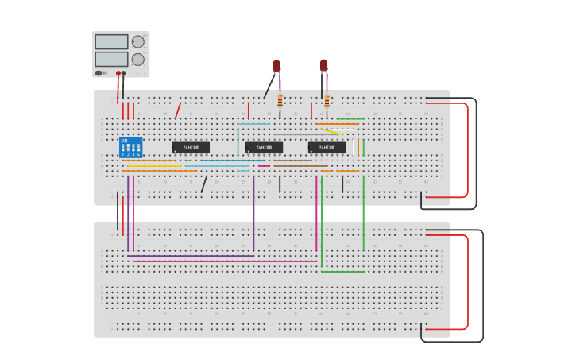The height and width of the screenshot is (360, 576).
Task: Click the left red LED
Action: (276, 65)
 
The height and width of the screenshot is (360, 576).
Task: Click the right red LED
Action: (323, 64)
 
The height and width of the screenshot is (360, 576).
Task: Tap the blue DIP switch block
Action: (130, 148)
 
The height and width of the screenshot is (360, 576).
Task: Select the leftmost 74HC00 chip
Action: (191, 147)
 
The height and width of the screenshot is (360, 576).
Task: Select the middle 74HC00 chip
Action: (264, 147)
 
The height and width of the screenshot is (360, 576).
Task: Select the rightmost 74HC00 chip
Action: (327, 147)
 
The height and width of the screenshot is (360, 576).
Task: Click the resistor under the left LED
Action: (280, 101)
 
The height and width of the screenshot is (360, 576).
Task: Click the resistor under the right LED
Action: (327, 101)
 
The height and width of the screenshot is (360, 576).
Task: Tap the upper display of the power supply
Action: (111, 41)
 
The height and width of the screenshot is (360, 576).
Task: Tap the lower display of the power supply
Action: (111, 59)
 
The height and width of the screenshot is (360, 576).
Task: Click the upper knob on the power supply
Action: (138, 41)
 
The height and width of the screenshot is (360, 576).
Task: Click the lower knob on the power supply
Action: (138, 59)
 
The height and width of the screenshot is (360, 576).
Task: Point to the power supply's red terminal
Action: (118, 73)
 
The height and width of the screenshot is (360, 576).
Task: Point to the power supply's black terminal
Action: (123, 73)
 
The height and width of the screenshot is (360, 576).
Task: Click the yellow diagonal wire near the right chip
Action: (332, 131)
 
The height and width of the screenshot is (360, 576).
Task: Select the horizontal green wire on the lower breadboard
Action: (342, 272)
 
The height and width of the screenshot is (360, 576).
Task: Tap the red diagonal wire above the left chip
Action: (178, 110)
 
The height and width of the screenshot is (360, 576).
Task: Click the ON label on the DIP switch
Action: (124, 141)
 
